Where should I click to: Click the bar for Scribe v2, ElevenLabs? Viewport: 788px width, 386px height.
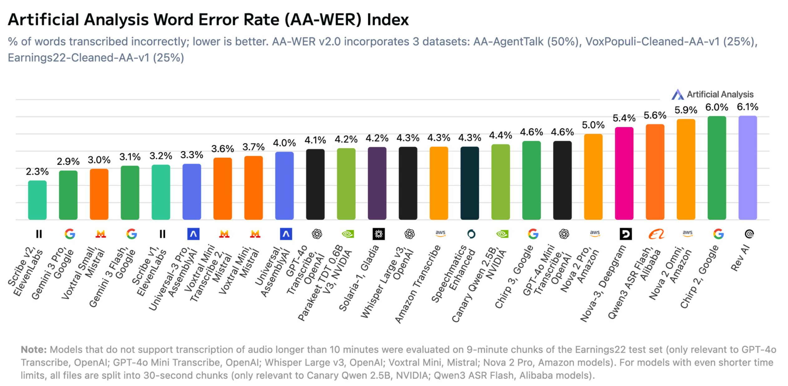(x=37, y=200)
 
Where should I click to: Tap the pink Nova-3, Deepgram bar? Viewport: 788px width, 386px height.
(x=624, y=173)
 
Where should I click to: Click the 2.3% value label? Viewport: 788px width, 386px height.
(x=37, y=171)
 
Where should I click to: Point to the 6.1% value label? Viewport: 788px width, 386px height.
(x=747, y=107)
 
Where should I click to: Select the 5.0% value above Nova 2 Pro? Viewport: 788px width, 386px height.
(x=593, y=125)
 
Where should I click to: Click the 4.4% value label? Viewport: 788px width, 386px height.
(x=500, y=135)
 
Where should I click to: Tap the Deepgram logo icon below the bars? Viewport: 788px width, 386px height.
(x=625, y=234)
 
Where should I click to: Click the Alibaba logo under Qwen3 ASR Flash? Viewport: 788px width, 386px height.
(x=656, y=234)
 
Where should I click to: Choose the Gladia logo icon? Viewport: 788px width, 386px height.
(x=379, y=234)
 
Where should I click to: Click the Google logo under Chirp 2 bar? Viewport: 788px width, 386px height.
(x=718, y=234)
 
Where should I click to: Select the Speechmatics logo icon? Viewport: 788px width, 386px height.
(x=471, y=234)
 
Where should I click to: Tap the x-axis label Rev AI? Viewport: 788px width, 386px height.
(x=740, y=258)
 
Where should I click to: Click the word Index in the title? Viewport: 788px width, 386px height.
(x=388, y=20)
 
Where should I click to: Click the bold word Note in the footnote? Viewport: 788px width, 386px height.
(x=33, y=349)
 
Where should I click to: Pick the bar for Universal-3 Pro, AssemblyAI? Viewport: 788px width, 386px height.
(x=192, y=191)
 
